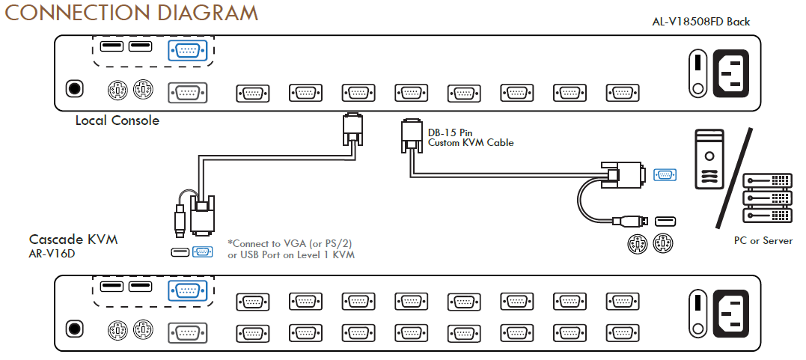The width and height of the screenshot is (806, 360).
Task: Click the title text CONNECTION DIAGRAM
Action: tap(131, 13)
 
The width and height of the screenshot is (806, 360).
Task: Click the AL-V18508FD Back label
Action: tap(700, 22)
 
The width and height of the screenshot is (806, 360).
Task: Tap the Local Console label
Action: tap(117, 120)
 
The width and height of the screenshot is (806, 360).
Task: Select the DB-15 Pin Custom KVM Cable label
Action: tap(471, 137)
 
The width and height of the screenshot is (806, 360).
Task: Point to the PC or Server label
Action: tap(763, 241)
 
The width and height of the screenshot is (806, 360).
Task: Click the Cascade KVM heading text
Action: tap(73, 240)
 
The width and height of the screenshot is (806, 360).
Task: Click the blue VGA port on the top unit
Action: tap(188, 51)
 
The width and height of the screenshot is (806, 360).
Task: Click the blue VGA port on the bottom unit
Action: tap(188, 291)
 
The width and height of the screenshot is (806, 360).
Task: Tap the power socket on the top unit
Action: tap(730, 73)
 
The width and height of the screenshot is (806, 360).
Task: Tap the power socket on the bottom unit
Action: tap(730, 314)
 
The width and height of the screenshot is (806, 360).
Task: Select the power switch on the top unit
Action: tap(697, 73)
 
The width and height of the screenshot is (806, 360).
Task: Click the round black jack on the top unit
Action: tap(75, 88)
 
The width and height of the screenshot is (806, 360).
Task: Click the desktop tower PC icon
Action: tap(709, 159)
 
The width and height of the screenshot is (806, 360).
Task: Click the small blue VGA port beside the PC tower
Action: tap(665, 175)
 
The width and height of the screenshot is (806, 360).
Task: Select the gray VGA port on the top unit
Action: tap(188, 93)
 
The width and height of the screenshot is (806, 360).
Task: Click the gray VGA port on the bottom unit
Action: tap(188, 333)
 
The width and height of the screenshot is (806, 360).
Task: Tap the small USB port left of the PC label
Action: tap(665, 221)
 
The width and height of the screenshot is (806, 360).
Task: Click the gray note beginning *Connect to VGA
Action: tap(291, 249)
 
